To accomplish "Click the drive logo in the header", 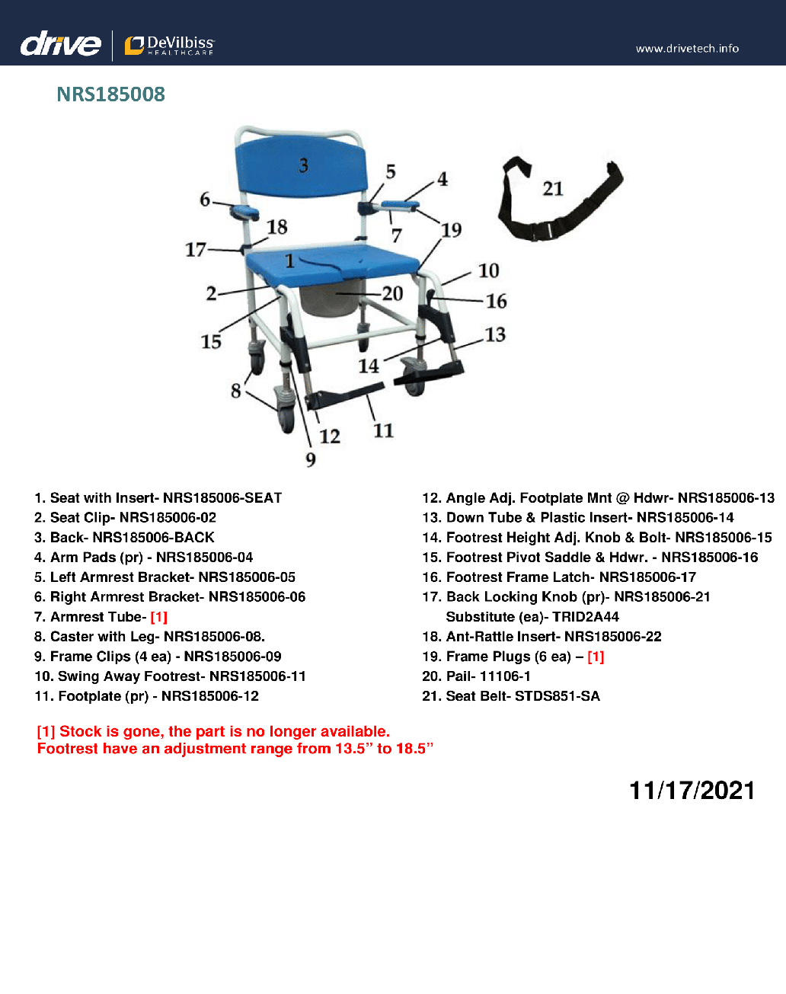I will pyautogui.click(x=60, y=45).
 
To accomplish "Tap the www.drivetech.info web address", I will pyautogui.click(x=687, y=49).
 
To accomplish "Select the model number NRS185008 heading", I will pyautogui.click(x=111, y=94).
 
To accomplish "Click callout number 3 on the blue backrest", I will pyautogui.click(x=303, y=166).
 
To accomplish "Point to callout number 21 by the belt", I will pyautogui.click(x=553, y=189).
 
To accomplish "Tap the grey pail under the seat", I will pyautogui.click(x=328, y=300).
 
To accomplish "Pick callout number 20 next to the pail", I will pyautogui.click(x=392, y=293).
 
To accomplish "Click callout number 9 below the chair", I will pyautogui.click(x=311, y=459).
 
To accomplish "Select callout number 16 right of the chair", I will pyautogui.click(x=497, y=302).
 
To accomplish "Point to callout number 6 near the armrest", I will pyautogui.click(x=205, y=200).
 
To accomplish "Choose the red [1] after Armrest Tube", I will pyautogui.click(x=158, y=617).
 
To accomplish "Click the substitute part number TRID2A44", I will pyautogui.click(x=586, y=617).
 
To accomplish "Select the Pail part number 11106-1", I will pyautogui.click(x=506, y=676).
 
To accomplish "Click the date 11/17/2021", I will pyautogui.click(x=692, y=791).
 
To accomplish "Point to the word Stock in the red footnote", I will pyautogui.click(x=80, y=731).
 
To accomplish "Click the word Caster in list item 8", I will pyautogui.click(x=71, y=637).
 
